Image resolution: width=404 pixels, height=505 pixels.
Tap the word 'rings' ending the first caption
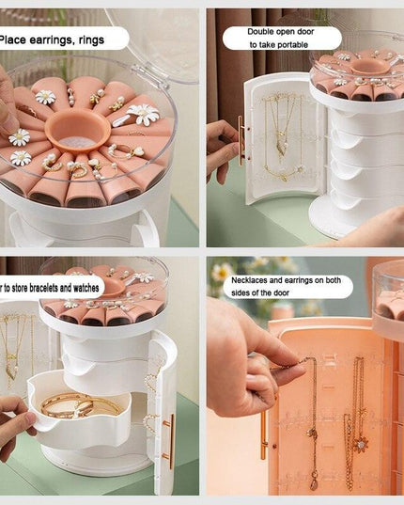click(x=105, y=39)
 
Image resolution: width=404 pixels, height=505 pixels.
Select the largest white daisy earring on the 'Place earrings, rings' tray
click(x=143, y=115)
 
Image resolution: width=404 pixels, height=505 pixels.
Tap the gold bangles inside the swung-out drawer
click(x=79, y=405)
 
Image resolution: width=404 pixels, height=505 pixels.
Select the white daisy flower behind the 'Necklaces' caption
click(x=223, y=273)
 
